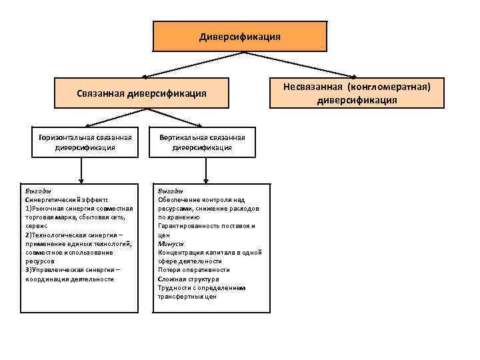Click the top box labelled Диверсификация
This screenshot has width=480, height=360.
coord(240,37)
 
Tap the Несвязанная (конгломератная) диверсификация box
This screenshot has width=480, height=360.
coord(357,93)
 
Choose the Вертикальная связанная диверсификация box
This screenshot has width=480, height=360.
coord(202,142)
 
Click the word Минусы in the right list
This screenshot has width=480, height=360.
coord(171,244)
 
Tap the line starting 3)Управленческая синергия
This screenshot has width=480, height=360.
coord(72,270)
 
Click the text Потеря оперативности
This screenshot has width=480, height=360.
coord(193,270)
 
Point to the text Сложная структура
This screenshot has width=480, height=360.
coord(188,279)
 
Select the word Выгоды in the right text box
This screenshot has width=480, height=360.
coord(171,191)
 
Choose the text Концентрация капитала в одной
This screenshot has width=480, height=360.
coord(209,253)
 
